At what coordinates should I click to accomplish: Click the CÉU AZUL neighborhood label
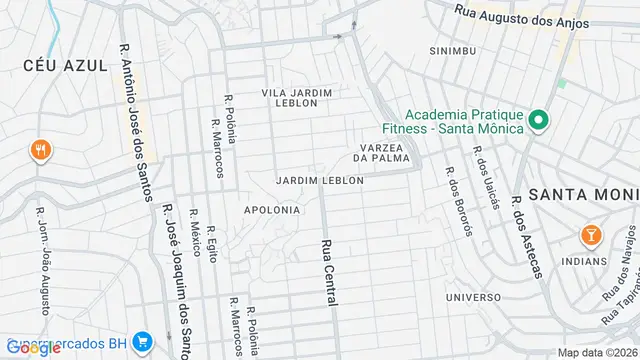(66, 65)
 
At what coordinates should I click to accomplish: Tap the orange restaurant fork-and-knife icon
(41, 151)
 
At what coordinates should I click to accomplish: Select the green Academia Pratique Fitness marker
(538, 121)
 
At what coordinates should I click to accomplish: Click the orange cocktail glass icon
(591, 236)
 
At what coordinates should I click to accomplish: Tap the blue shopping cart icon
(142, 341)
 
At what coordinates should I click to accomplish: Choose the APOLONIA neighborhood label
(271, 210)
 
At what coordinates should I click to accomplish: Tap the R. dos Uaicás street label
(484, 178)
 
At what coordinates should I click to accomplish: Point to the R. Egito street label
(212, 263)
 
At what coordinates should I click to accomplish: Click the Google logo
(33, 348)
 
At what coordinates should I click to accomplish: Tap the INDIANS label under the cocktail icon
(584, 261)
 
